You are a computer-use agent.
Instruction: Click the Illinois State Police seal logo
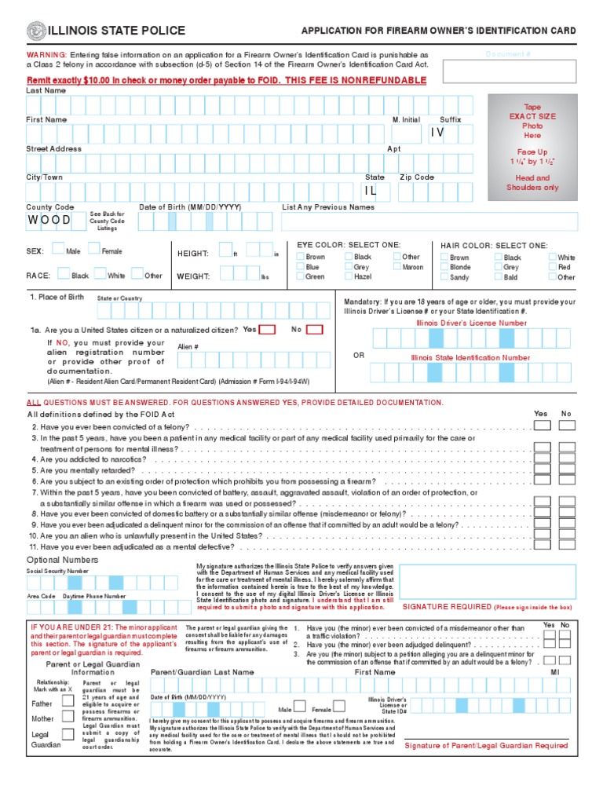(36, 31)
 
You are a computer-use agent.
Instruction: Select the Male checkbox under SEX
(59, 250)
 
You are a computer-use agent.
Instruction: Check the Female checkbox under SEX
(94, 250)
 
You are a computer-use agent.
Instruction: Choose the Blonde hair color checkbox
(445, 267)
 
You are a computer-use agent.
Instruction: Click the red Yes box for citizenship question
(267, 330)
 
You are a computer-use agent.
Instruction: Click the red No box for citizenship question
(314, 330)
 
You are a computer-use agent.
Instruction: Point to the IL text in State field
(371, 191)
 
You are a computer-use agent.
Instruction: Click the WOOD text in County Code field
(49, 220)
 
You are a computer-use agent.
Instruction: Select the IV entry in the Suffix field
(437, 133)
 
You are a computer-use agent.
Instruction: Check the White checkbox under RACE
(100, 275)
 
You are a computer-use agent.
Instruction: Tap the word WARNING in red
(47, 55)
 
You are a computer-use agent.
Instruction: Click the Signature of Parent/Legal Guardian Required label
(485, 745)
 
